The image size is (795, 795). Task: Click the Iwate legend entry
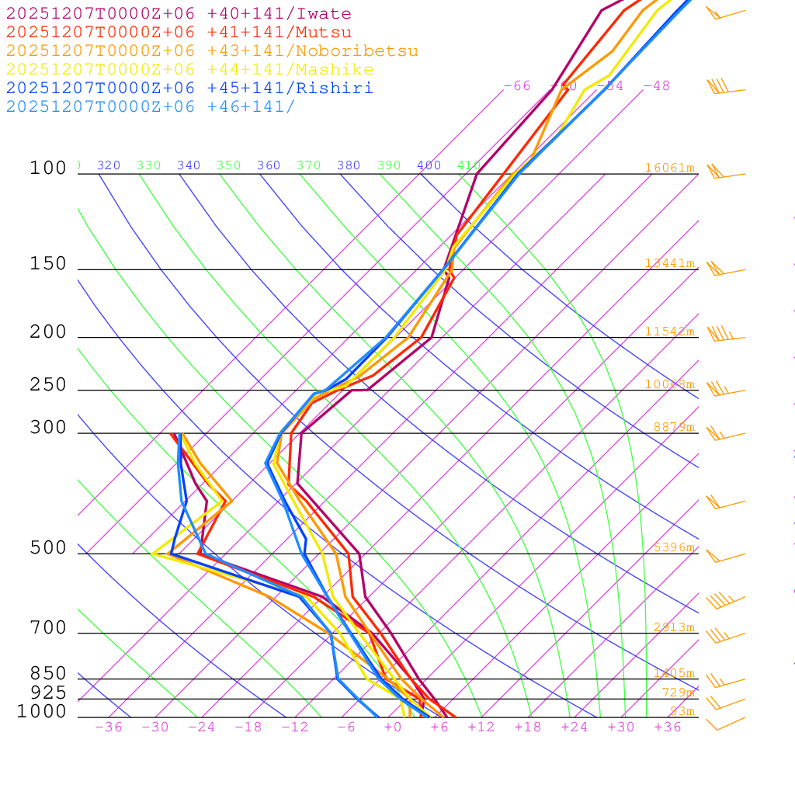point(179,14)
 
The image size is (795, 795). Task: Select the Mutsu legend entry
point(179,33)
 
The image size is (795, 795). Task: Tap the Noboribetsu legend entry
point(211,51)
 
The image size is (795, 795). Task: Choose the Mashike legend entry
point(189,70)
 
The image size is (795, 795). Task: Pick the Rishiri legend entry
point(189,88)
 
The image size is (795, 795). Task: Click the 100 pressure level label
point(48,168)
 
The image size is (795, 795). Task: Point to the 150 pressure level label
point(48,264)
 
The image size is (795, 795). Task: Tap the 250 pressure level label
point(48,385)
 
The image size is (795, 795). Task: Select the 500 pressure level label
point(48,548)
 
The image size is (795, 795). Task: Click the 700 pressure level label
point(48,628)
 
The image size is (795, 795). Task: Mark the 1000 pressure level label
point(42,711)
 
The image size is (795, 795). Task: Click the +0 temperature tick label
point(393,727)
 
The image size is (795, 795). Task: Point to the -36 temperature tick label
point(109,727)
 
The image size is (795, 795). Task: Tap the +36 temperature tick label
point(668,727)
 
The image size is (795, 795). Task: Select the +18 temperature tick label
point(528,727)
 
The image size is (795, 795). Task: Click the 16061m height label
point(669,168)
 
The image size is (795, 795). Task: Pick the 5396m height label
point(673,547)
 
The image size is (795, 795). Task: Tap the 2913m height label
point(673,627)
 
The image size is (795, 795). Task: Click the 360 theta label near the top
point(269,165)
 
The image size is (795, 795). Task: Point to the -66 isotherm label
point(517,85)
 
